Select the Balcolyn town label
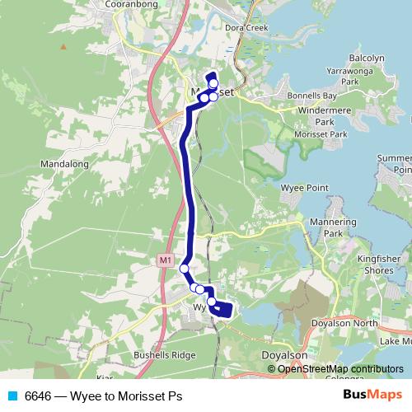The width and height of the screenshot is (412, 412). point(366,58)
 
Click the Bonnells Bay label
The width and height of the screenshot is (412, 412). point(309,97)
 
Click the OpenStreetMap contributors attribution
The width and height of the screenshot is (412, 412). point(339,368)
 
